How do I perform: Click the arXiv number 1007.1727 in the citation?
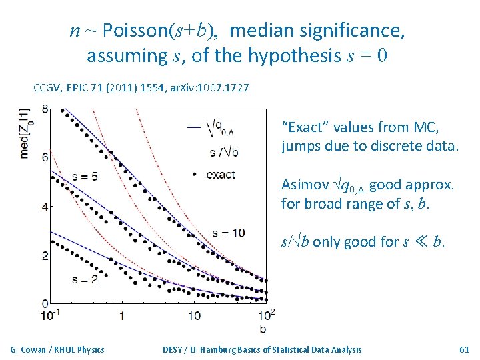(x=224, y=88)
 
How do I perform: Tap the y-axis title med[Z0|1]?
(x=25, y=133)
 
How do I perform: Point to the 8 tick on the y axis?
(x=45, y=109)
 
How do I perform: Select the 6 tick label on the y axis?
(x=45, y=157)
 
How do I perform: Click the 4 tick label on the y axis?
(x=45, y=207)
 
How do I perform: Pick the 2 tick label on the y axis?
(x=45, y=255)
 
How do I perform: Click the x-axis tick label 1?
(x=122, y=315)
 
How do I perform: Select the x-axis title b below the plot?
(x=263, y=328)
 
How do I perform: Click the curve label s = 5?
(x=85, y=176)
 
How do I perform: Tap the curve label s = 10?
(x=228, y=233)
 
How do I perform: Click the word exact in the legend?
(x=220, y=175)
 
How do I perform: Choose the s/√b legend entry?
(x=224, y=153)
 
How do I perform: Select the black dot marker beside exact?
(x=193, y=175)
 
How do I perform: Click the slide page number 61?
(x=465, y=349)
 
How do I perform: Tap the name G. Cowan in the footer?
(x=27, y=349)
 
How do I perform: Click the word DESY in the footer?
(x=175, y=349)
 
